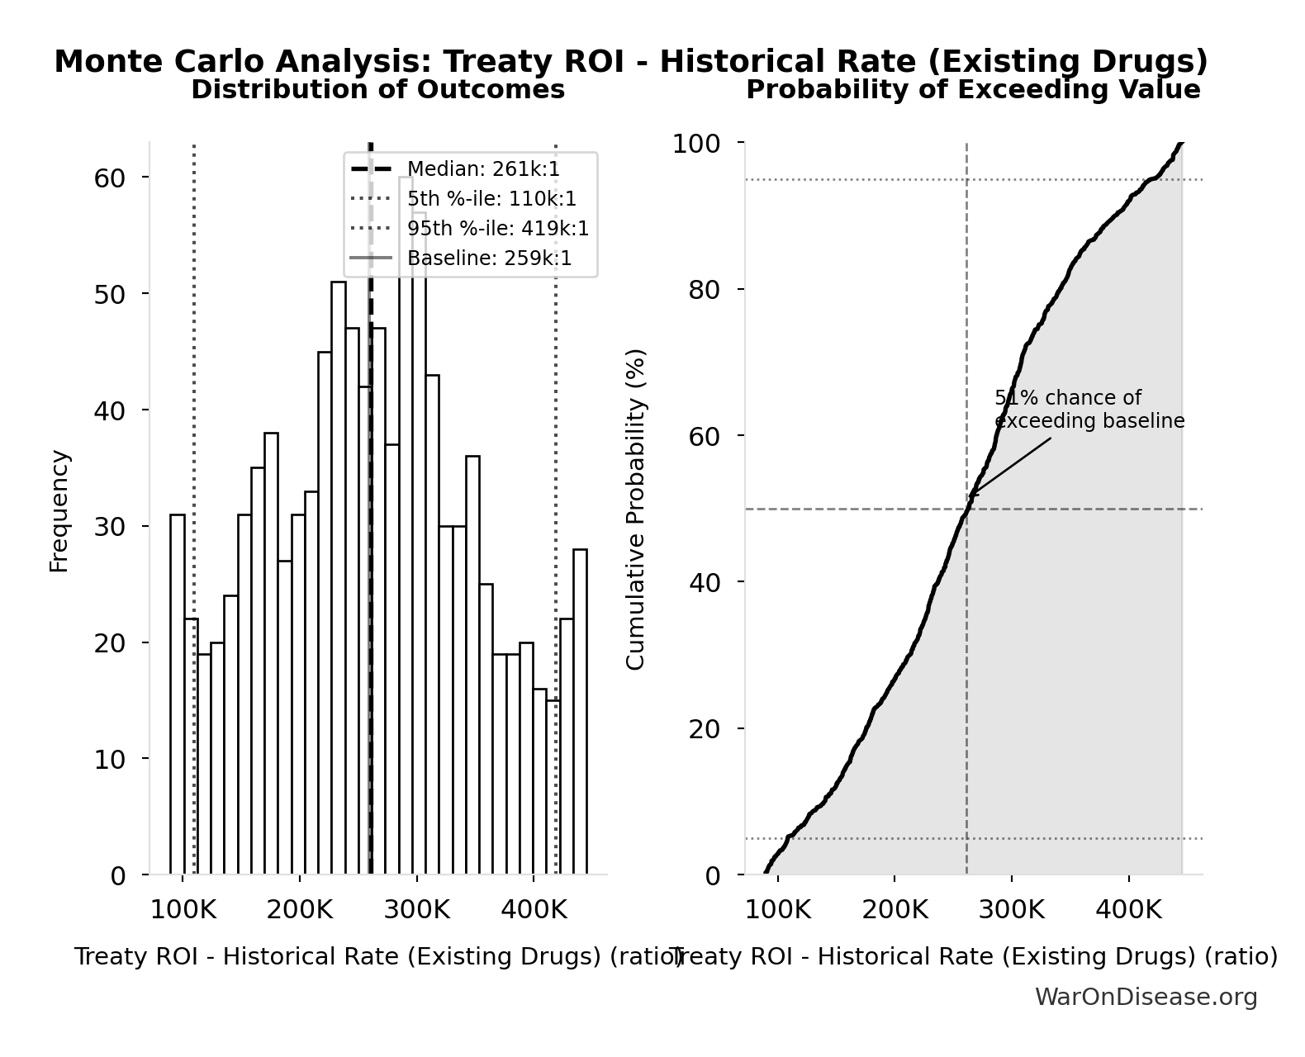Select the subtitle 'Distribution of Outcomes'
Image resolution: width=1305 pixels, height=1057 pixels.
pos(378,90)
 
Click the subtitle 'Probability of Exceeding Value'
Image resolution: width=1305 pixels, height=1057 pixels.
pos(973,90)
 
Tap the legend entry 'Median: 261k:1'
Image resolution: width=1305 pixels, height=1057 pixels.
pos(483,169)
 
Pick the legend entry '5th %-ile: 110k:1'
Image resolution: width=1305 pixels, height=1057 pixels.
pos(491,199)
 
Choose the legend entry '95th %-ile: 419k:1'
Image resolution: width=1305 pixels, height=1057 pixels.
pos(498,229)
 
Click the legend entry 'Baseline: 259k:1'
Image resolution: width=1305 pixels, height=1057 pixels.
pos(489,258)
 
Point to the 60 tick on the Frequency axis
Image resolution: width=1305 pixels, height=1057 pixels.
pos(109,178)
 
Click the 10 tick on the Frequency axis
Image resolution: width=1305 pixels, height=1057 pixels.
pos(109,759)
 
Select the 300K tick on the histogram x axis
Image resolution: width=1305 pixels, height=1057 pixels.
pos(416,911)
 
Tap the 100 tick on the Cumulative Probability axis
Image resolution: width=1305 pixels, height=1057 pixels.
pos(695,144)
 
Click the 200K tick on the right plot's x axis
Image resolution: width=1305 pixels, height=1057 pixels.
pos(895,911)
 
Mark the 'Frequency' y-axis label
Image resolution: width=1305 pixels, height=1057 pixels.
pos(59,510)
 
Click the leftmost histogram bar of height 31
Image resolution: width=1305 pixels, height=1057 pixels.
pos(178,694)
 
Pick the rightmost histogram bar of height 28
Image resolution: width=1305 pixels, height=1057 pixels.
pos(580,711)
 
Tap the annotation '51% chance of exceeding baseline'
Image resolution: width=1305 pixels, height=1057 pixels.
pos(1089,410)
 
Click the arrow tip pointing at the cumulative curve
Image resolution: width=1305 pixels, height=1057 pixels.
pos(970,496)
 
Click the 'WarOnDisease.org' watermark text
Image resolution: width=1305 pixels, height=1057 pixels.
pos(1146,998)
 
